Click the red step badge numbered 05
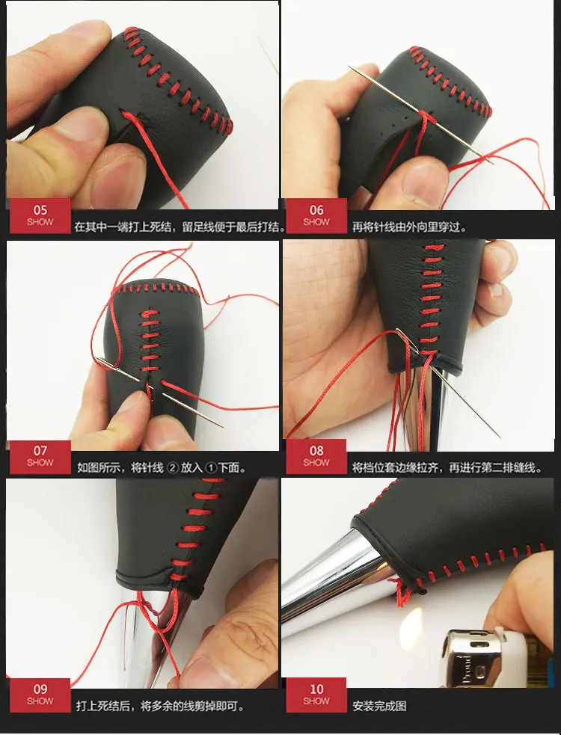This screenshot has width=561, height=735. coord(40,215)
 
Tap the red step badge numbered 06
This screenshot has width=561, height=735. coord(316,215)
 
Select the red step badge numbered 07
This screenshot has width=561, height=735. coord(40,455)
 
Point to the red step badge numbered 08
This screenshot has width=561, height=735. coord(316,455)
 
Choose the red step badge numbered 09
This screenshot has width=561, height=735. coord(40,695)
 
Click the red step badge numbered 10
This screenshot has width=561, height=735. coord(316,695)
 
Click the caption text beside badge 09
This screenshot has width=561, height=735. coord(160,705)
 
